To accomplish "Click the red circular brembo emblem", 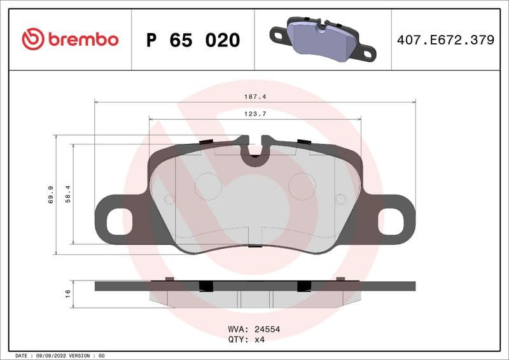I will pyautogui.click(x=33, y=39).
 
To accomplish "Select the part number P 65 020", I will pyautogui.click(x=193, y=40).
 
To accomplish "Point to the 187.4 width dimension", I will pyautogui.click(x=254, y=97).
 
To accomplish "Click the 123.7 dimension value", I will pyautogui.click(x=254, y=114).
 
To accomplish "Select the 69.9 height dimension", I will pyautogui.click(x=50, y=195).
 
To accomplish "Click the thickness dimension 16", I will pyautogui.click(x=68, y=293).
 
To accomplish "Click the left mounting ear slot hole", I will pyautogui.click(x=115, y=221).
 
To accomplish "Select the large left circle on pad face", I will pyautogui.click(x=207, y=186).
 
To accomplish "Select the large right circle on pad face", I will pyautogui.click(x=302, y=186).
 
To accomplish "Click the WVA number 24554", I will pyautogui.click(x=267, y=329).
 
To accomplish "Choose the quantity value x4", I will pyautogui.click(x=259, y=340).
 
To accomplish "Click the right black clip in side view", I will pyautogui.click(x=303, y=286).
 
